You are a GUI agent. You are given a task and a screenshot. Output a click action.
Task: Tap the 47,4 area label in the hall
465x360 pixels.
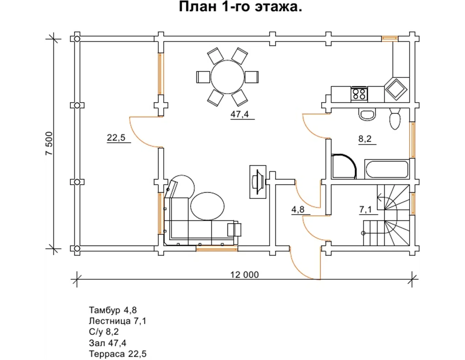(240, 114)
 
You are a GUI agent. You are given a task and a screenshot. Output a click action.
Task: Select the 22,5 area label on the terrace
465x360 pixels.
(116, 137)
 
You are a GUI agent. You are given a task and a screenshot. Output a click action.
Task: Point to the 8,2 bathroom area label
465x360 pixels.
(365, 139)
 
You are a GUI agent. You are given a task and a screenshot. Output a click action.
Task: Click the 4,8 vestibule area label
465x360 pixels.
(298, 209)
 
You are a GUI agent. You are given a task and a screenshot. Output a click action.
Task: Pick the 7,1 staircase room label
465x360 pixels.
(366, 209)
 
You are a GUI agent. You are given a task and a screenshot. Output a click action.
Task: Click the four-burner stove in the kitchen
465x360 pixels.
(359, 94)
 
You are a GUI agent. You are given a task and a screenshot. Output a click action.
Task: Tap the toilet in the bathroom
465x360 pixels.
(395, 118)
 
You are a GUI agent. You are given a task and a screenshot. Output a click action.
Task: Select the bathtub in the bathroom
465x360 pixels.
(387, 169)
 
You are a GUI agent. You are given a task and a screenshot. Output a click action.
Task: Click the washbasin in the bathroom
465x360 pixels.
(367, 114)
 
